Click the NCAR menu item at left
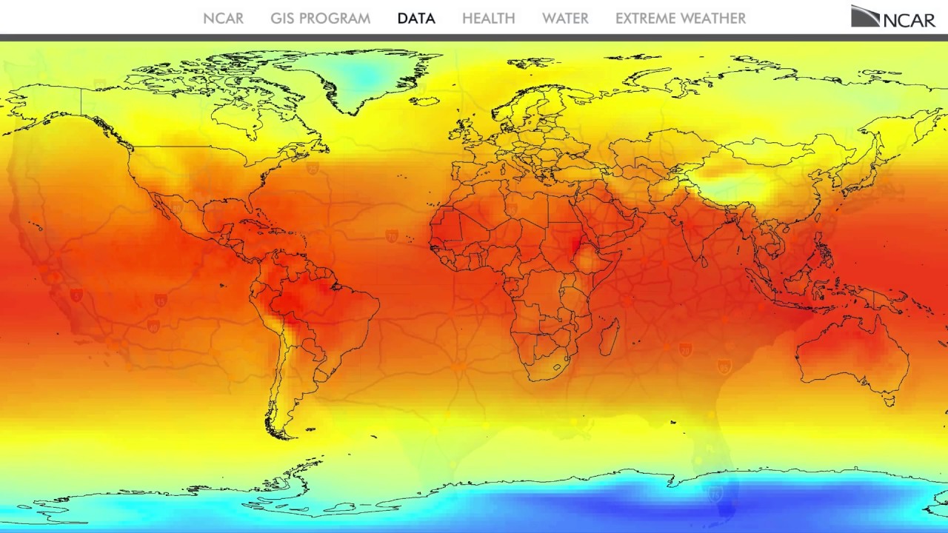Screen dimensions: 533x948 223,19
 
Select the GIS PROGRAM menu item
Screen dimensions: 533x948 320,19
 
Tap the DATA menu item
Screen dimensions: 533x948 416,19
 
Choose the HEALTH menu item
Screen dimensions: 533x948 488,19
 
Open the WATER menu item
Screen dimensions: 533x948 565,19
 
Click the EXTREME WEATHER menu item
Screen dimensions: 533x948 680,19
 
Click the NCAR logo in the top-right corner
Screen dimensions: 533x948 892,17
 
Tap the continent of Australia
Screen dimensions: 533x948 852,355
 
